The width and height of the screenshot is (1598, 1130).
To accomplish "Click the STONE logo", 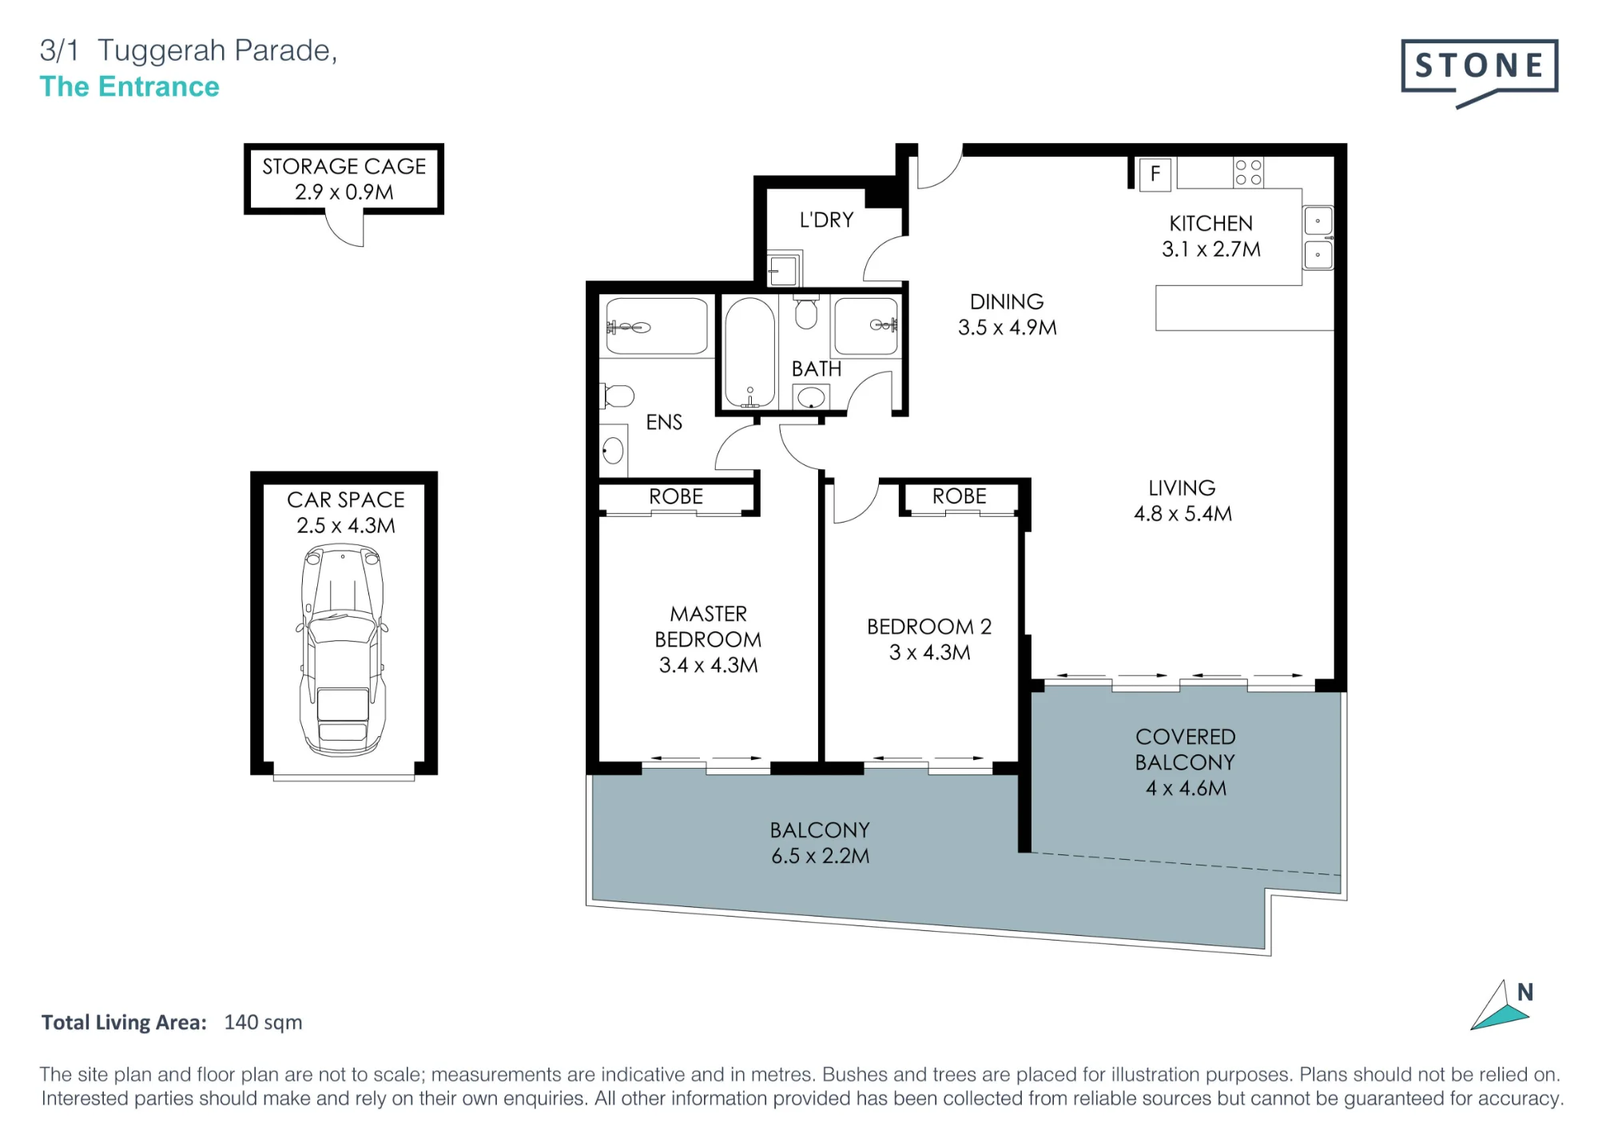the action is click(x=1479, y=72).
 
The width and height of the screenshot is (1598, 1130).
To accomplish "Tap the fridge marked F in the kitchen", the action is click(x=1155, y=173).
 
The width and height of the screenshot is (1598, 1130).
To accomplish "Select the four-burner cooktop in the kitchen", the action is click(x=1248, y=173).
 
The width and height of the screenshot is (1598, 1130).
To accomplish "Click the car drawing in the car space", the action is click(x=343, y=649).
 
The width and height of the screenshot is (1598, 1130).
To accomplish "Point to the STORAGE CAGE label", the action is click(x=344, y=166).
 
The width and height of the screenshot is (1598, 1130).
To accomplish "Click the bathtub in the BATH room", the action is click(x=749, y=352).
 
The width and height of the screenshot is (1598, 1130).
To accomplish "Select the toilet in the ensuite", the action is click(x=617, y=396).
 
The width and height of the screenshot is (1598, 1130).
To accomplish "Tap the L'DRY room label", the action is click(x=827, y=220).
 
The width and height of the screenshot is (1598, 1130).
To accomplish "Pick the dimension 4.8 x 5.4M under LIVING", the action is click(x=1183, y=514).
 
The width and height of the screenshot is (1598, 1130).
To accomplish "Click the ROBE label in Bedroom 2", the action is click(x=959, y=496).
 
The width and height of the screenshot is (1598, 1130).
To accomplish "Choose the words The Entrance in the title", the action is click(x=129, y=86).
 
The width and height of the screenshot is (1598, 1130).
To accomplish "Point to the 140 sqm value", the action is click(x=263, y=1023).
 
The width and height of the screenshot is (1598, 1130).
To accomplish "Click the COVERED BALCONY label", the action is click(x=1186, y=750).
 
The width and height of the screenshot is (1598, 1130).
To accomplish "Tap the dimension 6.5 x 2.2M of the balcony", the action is click(x=821, y=856).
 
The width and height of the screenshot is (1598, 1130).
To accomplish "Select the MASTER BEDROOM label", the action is click(x=709, y=627).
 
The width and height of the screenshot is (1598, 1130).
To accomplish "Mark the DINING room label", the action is click(x=1007, y=302).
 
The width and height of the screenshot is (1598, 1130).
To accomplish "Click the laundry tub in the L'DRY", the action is click(x=784, y=270).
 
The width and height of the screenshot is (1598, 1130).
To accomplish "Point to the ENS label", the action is click(x=664, y=423).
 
